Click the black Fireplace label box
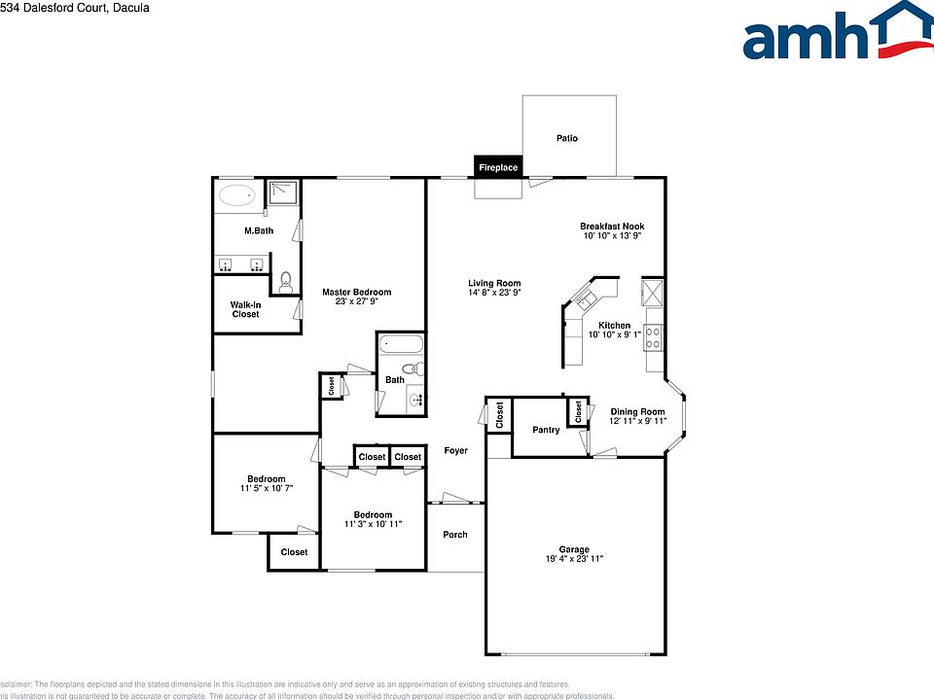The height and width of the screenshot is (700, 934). [x=498, y=167]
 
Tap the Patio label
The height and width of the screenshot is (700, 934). [x=567, y=138]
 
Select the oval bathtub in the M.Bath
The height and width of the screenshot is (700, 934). [x=234, y=195]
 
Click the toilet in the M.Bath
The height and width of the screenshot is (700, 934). [x=285, y=283]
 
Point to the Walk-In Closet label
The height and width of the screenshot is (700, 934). [x=245, y=309]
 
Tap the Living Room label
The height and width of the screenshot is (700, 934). [x=494, y=283]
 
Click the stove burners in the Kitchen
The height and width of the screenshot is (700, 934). [x=654, y=338]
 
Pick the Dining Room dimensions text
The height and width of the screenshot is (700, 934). [x=637, y=421]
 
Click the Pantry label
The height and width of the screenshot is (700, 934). [x=546, y=430]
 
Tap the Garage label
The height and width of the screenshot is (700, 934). [x=574, y=549]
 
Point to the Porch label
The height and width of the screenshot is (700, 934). [x=455, y=535]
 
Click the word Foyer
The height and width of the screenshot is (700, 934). [x=455, y=451]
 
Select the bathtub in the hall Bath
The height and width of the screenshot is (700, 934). [x=400, y=344]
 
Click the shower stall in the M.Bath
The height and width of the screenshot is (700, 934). [x=283, y=193]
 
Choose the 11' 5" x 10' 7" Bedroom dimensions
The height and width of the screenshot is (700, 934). [x=267, y=488]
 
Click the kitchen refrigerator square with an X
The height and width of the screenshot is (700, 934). [x=653, y=291]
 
